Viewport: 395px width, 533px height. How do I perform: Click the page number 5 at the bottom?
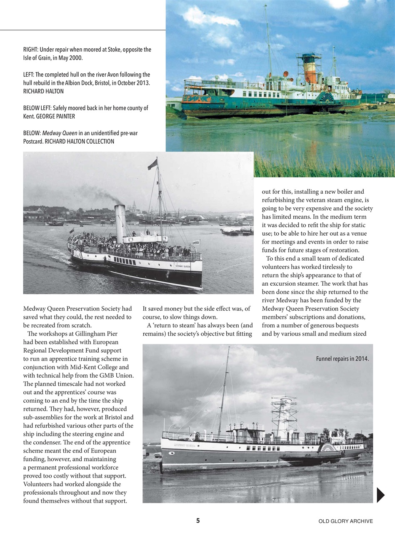click(198, 521)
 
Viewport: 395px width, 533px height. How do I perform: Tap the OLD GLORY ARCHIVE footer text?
click(345, 521)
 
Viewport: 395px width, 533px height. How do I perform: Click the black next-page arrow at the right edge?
click(380, 495)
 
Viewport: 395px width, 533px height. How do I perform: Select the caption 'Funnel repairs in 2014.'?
click(342, 359)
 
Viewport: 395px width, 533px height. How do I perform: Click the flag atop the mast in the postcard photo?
click(152, 164)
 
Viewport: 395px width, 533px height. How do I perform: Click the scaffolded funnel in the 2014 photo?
click(284, 416)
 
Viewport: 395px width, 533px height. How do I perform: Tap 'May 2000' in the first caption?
click(70, 58)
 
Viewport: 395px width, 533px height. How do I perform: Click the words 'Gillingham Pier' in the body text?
click(96, 334)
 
